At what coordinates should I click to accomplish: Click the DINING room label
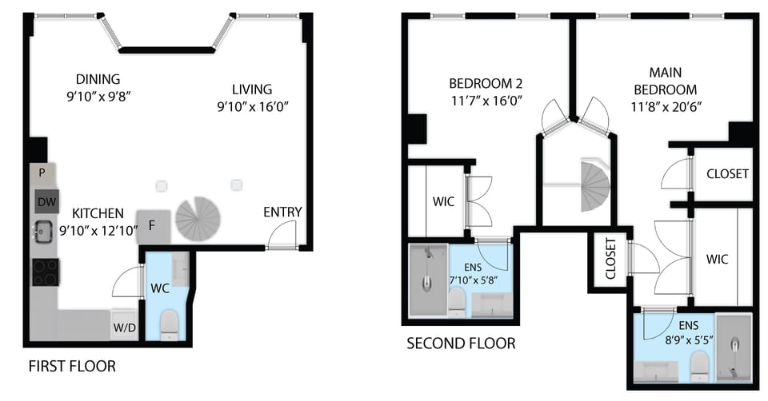(x=98, y=79)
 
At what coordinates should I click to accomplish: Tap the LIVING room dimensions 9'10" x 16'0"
(x=252, y=105)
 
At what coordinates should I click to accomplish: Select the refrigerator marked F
(x=154, y=228)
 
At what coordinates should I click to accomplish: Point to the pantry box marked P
(x=42, y=173)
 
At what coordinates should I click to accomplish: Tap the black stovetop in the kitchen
(x=45, y=272)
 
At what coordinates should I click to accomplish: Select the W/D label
(x=123, y=326)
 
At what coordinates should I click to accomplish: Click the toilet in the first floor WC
(x=169, y=324)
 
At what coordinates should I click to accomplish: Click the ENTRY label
(x=282, y=212)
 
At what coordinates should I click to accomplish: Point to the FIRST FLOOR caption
(x=72, y=367)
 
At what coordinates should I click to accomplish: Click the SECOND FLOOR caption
(x=461, y=343)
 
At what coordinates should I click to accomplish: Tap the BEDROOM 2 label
(x=486, y=84)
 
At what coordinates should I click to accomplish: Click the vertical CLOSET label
(x=610, y=259)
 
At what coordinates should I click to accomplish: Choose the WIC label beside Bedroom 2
(x=444, y=201)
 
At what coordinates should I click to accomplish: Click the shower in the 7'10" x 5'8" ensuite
(x=429, y=279)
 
